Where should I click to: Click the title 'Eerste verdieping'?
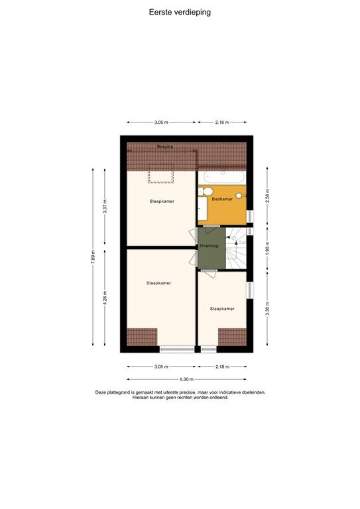click(x=180, y=12)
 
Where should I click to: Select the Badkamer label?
click(x=222, y=199)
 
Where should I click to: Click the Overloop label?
click(x=210, y=246)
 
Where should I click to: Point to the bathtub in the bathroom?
click(x=224, y=178)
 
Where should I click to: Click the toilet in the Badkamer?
click(x=202, y=193)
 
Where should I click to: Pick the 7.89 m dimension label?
click(x=93, y=256)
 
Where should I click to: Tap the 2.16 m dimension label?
click(x=221, y=122)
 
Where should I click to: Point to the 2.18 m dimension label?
click(x=222, y=367)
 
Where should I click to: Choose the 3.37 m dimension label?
click(x=105, y=206)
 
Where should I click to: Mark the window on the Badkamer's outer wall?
click(x=250, y=216)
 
